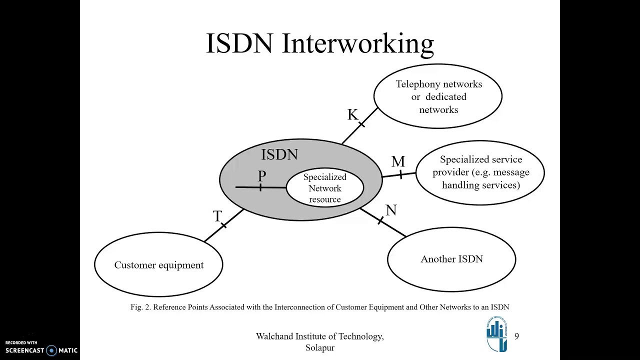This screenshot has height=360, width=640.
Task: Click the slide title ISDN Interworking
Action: [x=320, y=43]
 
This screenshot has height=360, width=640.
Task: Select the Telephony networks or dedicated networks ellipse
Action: [x=438, y=96]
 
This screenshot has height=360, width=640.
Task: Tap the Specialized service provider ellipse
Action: [x=480, y=172]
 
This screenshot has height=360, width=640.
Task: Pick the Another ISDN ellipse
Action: [x=451, y=259]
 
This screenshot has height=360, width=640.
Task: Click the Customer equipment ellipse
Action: [x=158, y=265]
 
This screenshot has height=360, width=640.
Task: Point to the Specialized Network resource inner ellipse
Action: [x=325, y=188]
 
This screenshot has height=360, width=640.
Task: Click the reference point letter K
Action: [x=352, y=114]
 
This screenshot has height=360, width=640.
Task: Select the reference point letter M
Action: [x=398, y=161]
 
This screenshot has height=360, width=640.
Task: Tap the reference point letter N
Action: [x=391, y=210]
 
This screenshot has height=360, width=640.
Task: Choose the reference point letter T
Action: [x=217, y=216]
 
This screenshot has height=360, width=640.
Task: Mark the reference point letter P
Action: [x=262, y=176]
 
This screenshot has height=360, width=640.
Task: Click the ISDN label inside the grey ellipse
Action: [x=279, y=155]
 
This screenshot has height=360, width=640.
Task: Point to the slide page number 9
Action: [x=516, y=336]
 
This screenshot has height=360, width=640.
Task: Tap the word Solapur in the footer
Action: [x=320, y=347]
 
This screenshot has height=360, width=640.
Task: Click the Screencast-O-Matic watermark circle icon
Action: [x=51, y=350]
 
